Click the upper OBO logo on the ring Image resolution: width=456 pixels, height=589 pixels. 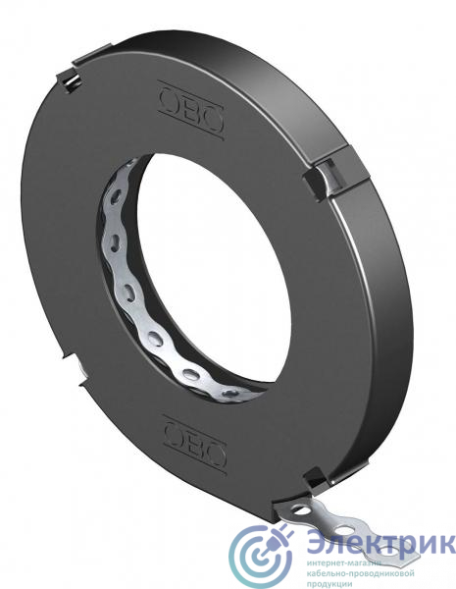click(x=191, y=110)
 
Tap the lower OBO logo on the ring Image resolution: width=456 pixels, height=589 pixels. click(x=195, y=444)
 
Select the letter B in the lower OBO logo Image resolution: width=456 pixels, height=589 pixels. click(x=195, y=445)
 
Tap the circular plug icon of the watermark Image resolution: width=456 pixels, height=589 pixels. click(x=261, y=556)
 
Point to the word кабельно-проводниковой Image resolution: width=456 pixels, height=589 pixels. click(x=360, y=574)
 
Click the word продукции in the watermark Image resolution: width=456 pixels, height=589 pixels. click(x=329, y=584)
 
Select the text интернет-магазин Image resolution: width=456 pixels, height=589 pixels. click(x=344, y=563)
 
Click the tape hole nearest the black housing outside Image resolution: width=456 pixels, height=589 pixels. click(x=302, y=510)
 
